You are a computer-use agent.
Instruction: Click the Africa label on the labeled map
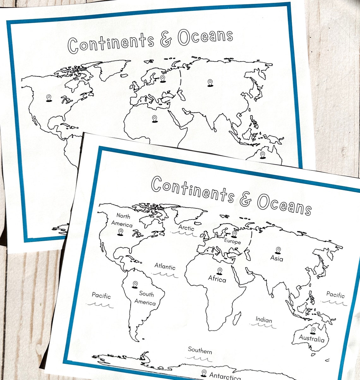217,279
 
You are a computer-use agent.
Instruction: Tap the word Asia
277,258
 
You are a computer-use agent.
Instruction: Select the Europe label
232,242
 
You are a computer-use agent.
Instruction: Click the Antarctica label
225,376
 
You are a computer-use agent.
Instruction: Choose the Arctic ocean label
186,228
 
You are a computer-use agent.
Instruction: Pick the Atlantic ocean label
165,267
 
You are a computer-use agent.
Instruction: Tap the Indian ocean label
264,320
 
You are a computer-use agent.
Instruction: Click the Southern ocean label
200,351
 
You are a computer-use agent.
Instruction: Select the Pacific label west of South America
101,296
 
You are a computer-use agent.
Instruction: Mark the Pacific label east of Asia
335,295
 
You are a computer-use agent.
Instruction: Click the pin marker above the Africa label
219,271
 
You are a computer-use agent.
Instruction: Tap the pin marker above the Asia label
278,250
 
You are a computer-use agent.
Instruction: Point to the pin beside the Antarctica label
204,373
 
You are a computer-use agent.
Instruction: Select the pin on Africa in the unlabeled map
154,119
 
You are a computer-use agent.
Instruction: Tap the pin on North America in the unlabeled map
49,98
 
